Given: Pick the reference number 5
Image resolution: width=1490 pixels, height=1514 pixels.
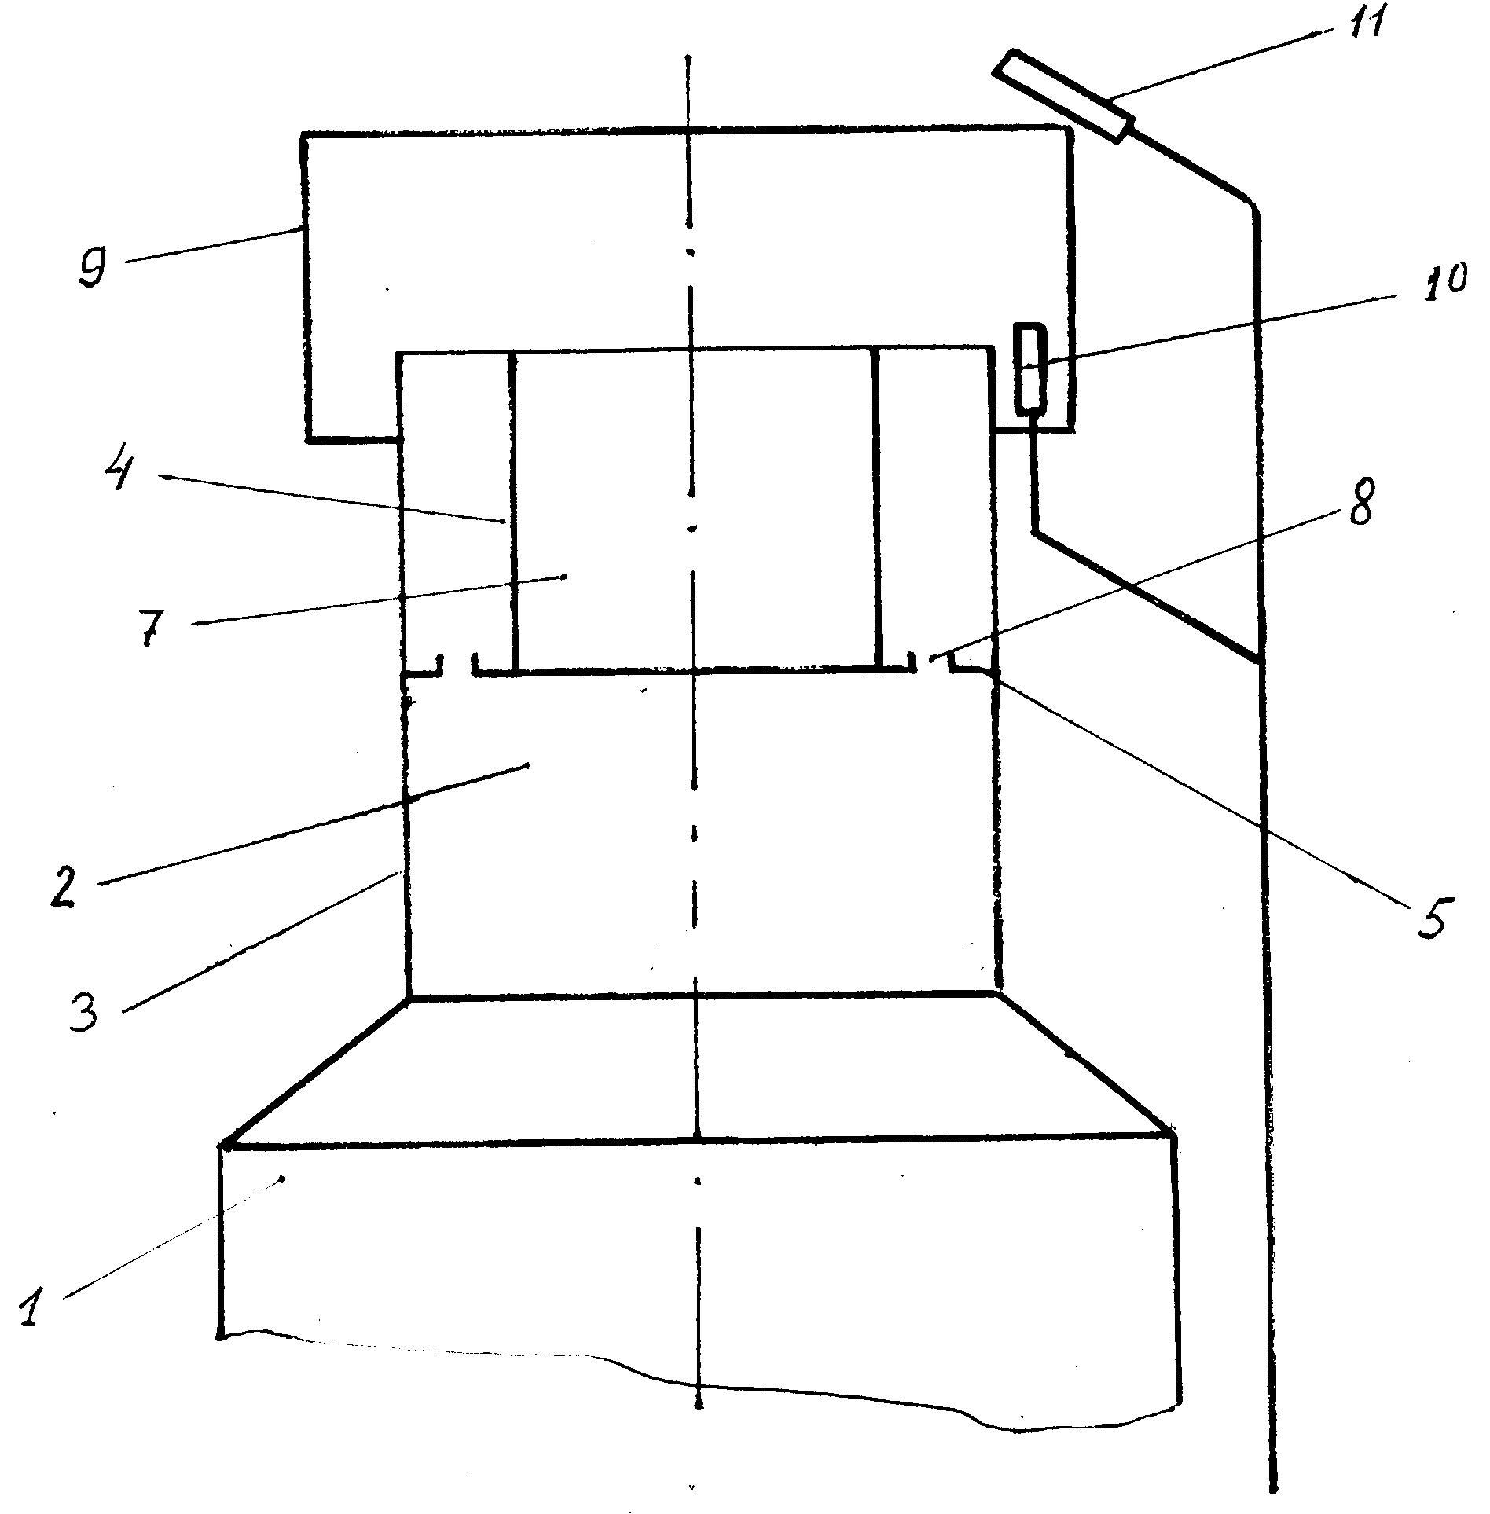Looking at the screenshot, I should click(x=1431, y=914).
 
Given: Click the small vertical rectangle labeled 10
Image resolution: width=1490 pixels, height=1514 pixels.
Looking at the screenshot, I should click(x=1030, y=368).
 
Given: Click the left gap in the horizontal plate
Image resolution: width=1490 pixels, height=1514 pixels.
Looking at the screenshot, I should click(x=457, y=666).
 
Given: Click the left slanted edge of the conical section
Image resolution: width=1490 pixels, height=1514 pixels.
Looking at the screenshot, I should click(x=314, y=1069).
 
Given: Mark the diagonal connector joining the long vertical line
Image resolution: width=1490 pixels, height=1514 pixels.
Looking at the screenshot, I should click(x=1147, y=597).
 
